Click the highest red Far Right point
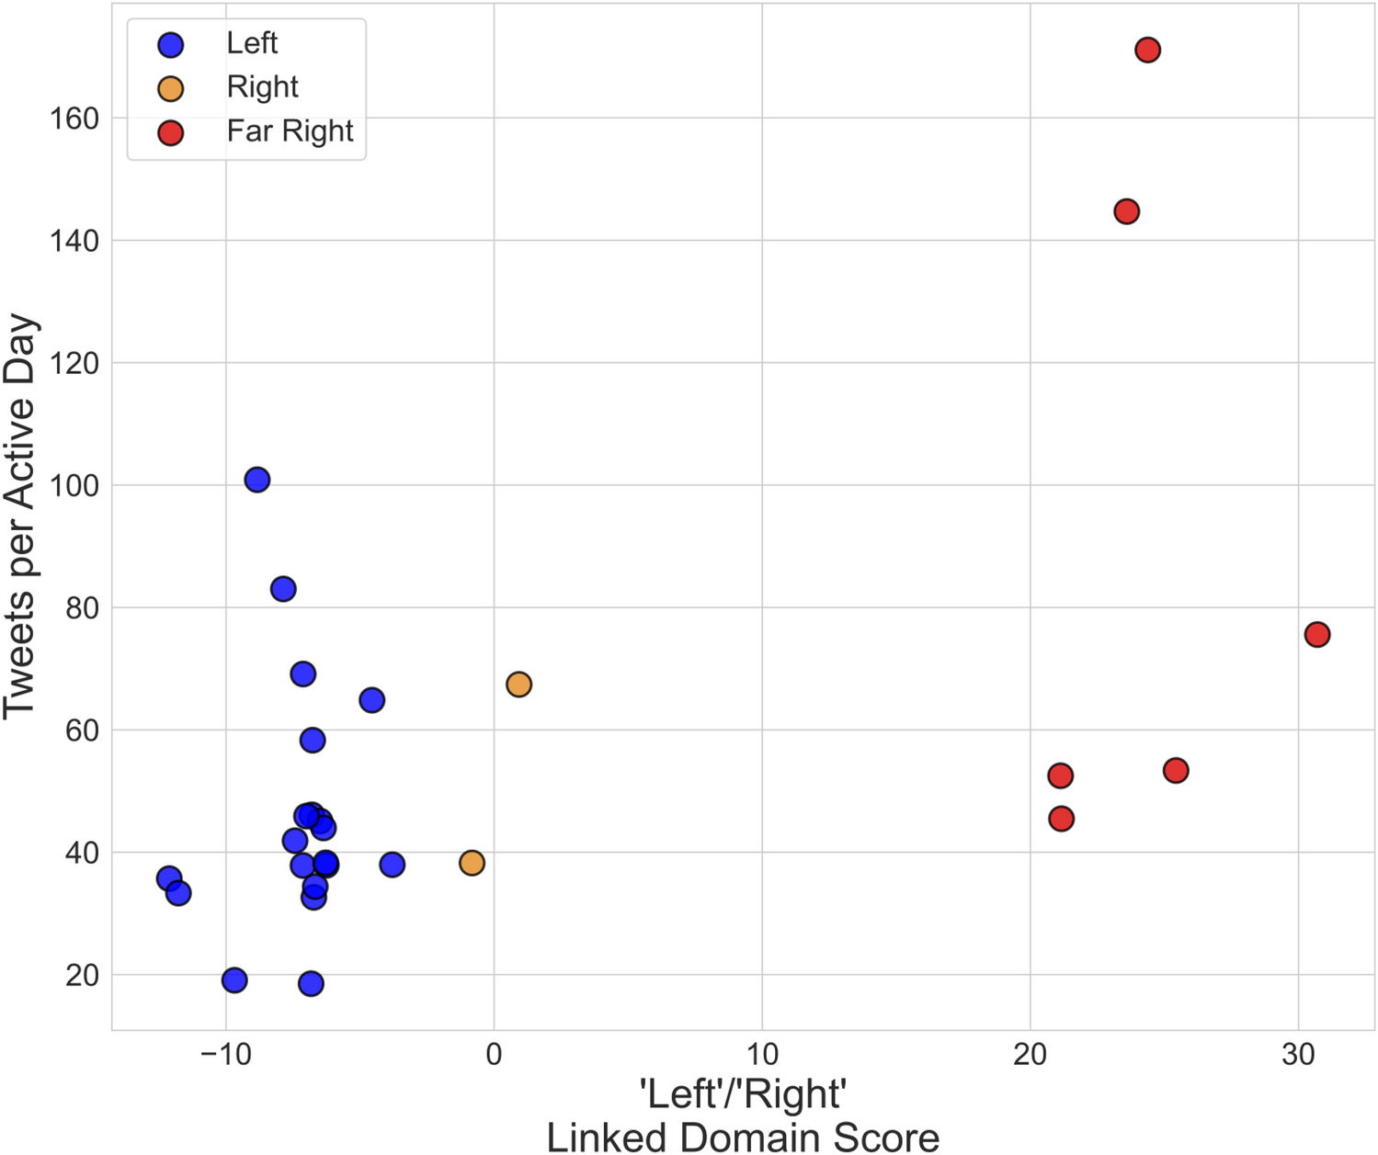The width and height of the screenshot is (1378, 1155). click(1147, 50)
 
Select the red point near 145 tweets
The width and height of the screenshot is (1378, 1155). click(1126, 211)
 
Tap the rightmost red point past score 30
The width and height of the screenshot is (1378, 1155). click(1316, 634)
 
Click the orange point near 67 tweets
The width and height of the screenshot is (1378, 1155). click(518, 684)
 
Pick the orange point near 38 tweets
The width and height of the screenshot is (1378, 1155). click(472, 863)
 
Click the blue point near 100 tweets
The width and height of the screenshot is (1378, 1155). click(257, 480)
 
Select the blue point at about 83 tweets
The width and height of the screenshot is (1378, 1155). click(283, 589)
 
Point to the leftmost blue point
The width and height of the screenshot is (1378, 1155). click(169, 878)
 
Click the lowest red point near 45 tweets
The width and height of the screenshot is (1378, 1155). click(1061, 819)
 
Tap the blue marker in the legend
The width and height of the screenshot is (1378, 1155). click(171, 44)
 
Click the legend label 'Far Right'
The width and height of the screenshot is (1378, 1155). click(290, 131)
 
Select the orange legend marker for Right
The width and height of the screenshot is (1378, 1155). click(171, 88)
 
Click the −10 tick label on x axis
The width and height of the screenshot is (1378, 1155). click(225, 1054)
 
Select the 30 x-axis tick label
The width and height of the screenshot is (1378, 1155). click(1298, 1054)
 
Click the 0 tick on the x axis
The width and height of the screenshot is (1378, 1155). click(494, 1054)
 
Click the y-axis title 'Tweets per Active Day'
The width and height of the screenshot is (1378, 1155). click(20, 516)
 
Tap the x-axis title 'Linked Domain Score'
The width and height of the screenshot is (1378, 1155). click(743, 1137)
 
